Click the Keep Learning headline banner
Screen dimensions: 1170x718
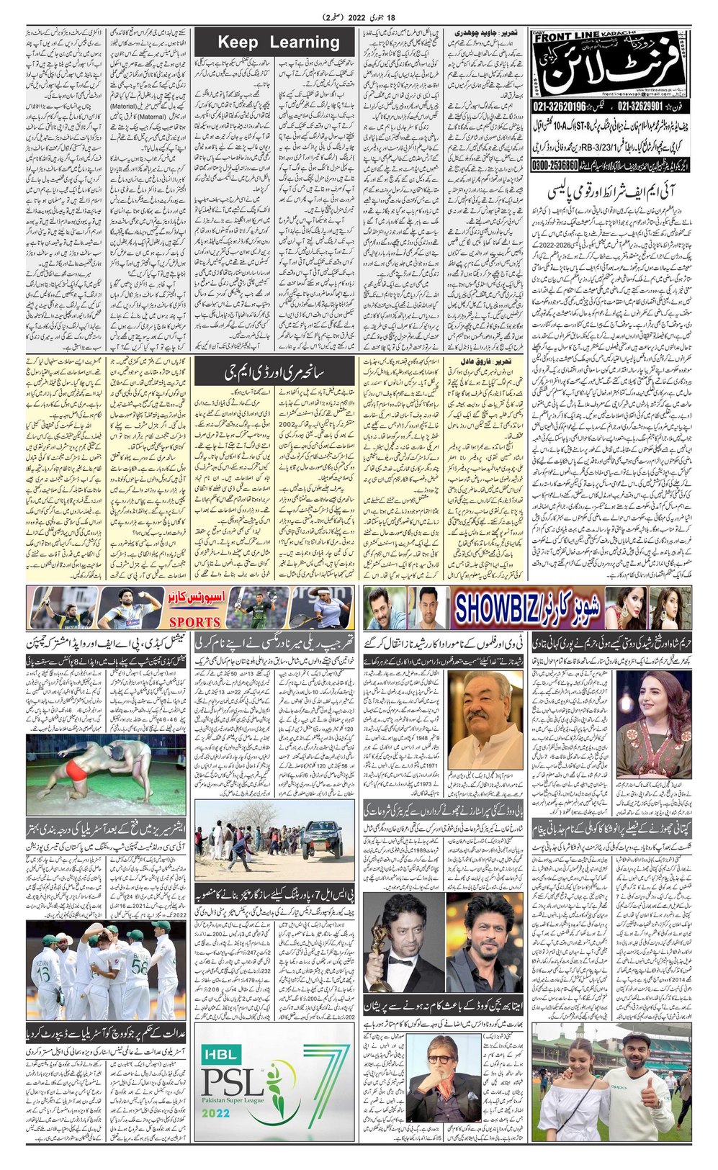[x=278, y=42]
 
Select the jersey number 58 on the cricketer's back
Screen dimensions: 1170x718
[x=140, y=965]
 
